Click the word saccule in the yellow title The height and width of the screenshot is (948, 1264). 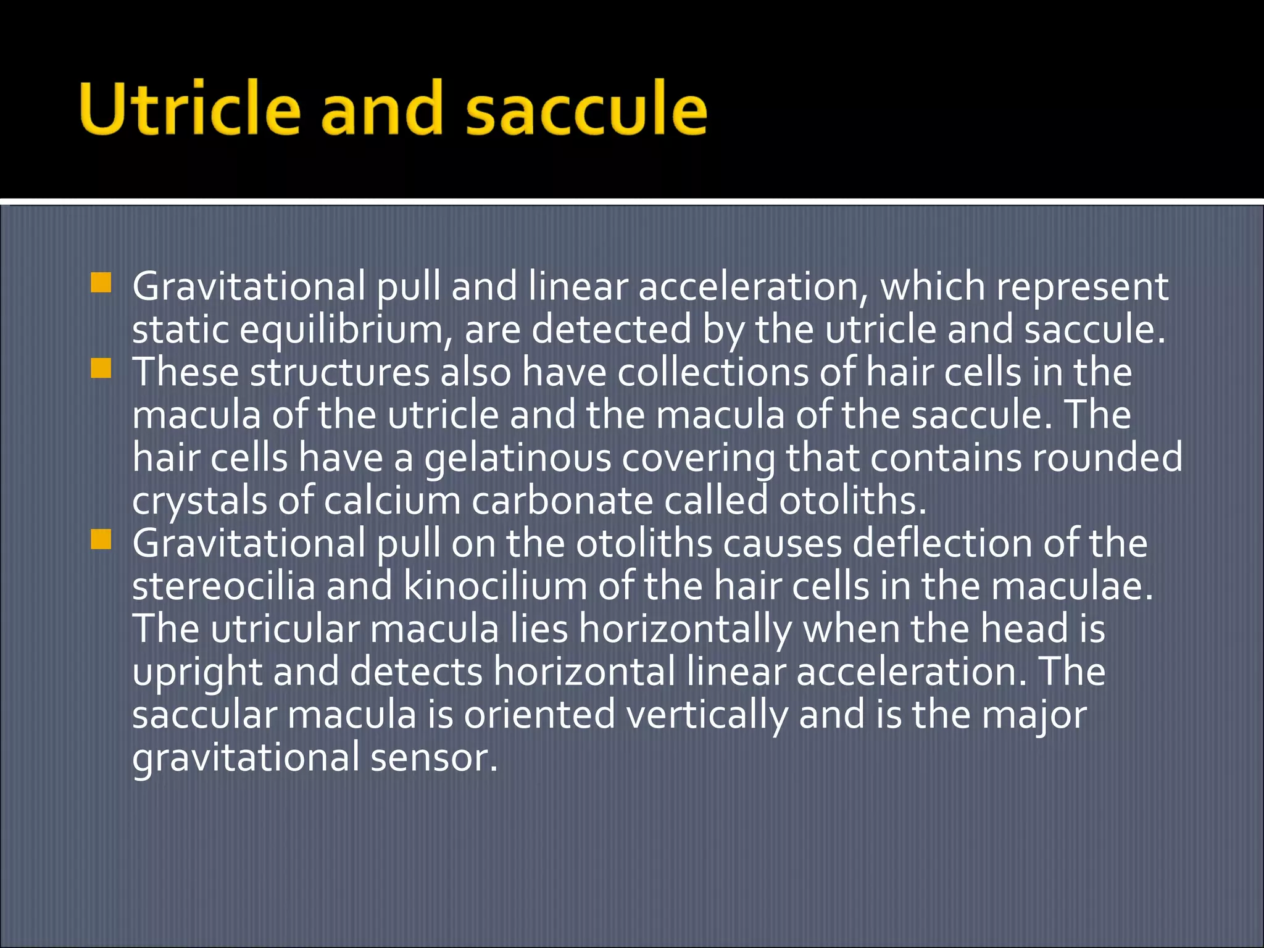click(x=586, y=109)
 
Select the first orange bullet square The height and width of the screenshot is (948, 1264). click(x=101, y=283)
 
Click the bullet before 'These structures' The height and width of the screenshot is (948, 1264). click(x=101, y=368)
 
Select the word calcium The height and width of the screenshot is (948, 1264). click(x=392, y=501)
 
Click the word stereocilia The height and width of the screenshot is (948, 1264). click(x=223, y=586)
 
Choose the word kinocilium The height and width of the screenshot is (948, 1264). click(x=494, y=586)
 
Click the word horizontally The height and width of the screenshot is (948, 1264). click(x=685, y=629)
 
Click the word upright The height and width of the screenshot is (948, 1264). click(x=197, y=673)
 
